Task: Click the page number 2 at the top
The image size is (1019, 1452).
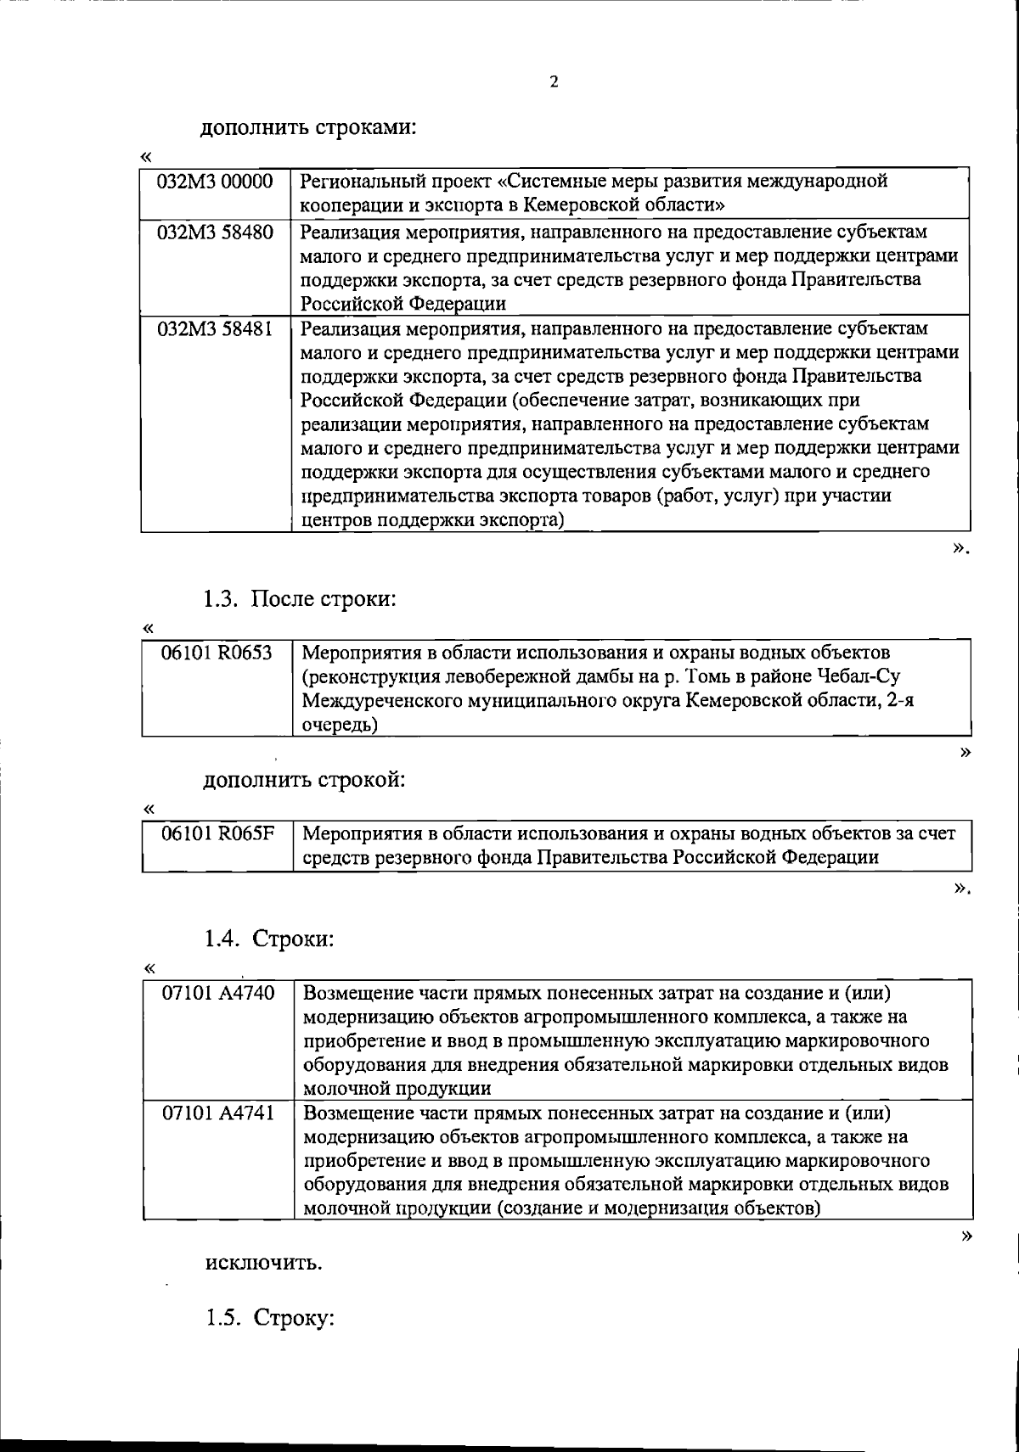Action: (554, 82)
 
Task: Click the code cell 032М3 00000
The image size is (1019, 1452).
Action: (216, 182)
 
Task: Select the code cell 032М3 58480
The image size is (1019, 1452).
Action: (216, 233)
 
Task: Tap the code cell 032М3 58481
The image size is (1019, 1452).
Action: (216, 328)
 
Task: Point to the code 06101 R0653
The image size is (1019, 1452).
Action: (217, 653)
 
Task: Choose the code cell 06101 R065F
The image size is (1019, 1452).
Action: (218, 833)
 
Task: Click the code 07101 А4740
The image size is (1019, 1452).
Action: (218, 993)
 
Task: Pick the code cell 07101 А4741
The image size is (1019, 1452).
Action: (218, 1113)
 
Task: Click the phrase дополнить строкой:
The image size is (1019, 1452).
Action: (303, 780)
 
